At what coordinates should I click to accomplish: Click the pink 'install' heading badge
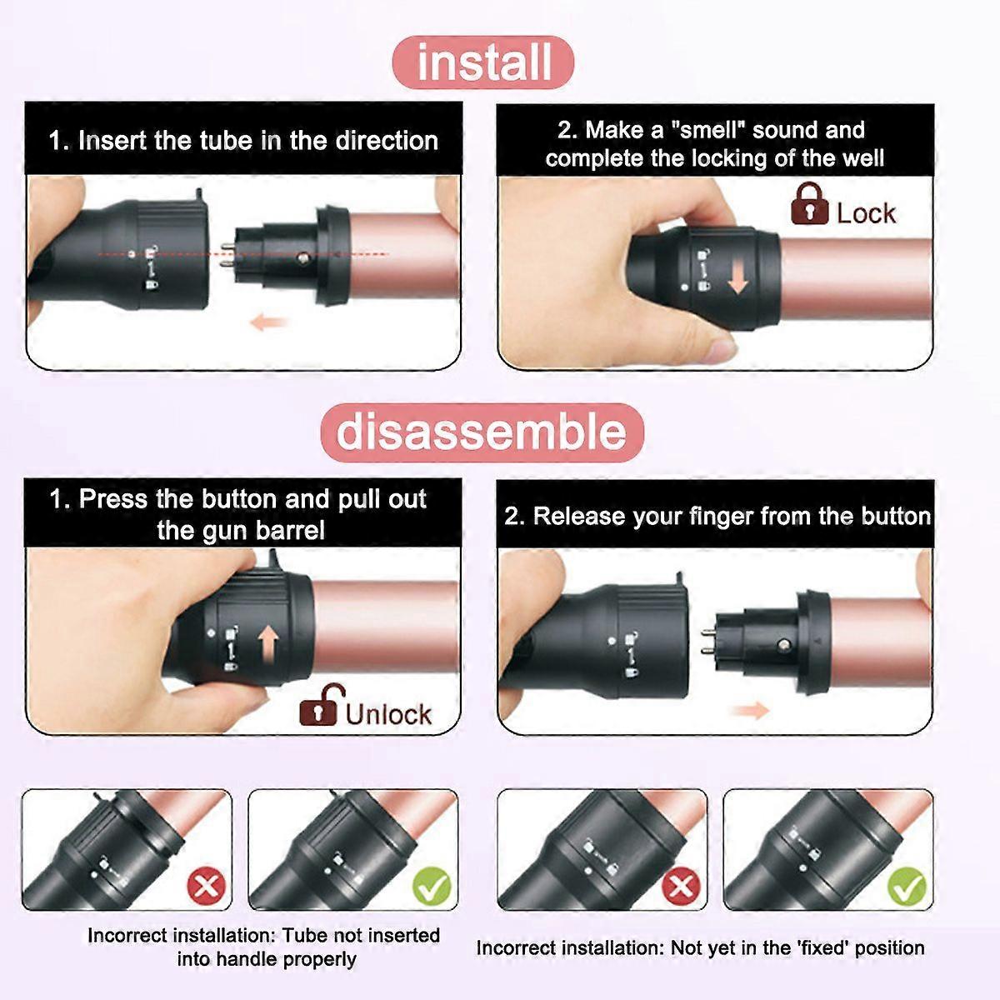coord(483,62)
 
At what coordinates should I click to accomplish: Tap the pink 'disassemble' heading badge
coord(482,432)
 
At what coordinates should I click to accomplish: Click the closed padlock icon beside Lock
coord(809,203)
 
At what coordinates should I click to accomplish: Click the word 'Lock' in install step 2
coord(866,213)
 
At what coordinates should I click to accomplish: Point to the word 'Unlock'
coord(388,714)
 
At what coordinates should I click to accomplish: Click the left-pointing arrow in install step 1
coord(268,322)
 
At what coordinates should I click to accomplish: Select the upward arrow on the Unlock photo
coord(268,644)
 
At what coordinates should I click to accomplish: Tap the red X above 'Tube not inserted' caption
coord(207,886)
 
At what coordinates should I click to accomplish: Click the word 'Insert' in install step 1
coord(112,141)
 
